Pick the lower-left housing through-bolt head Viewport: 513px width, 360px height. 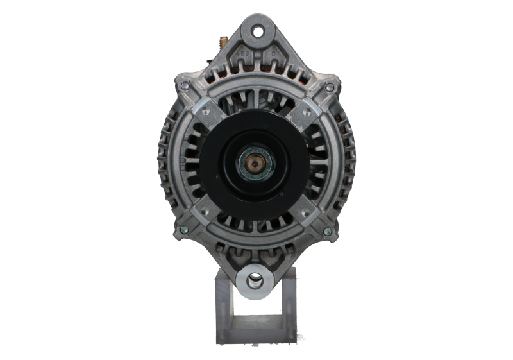185,231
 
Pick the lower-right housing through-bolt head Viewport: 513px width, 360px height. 328,231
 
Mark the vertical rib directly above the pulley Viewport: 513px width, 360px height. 256,99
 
